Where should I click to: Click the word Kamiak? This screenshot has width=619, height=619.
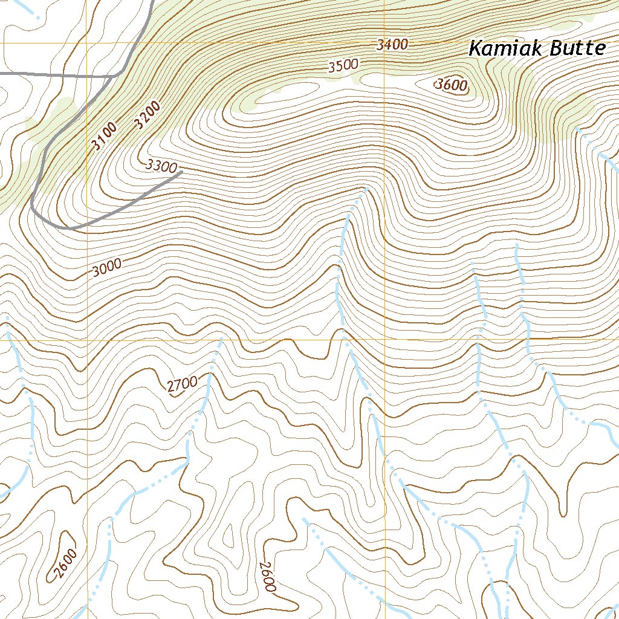[x=506, y=49]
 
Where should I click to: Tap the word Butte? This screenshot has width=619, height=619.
[x=577, y=49]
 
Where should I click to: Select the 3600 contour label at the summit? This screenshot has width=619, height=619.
[x=452, y=85]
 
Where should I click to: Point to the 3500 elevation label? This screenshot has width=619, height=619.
[x=343, y=66]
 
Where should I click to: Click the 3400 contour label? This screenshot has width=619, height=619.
[x=392, y=44]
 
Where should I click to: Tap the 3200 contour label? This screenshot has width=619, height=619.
[x=147, y=115]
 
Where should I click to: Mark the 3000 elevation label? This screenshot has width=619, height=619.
[x=107, y=267]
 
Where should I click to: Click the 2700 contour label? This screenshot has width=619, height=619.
[x=182, y=384]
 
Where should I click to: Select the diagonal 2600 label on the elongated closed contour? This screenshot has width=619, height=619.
[x=65, y=563]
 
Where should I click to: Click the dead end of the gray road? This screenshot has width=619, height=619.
[x=182, y=172]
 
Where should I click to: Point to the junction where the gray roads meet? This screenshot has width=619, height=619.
[x=113, y=76]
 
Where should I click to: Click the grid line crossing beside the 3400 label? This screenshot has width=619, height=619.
[x=385, y=44]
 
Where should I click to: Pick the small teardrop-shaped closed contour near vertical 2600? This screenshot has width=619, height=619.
[x=229, y=534]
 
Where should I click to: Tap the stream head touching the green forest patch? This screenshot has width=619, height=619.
[x=577, y=129]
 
